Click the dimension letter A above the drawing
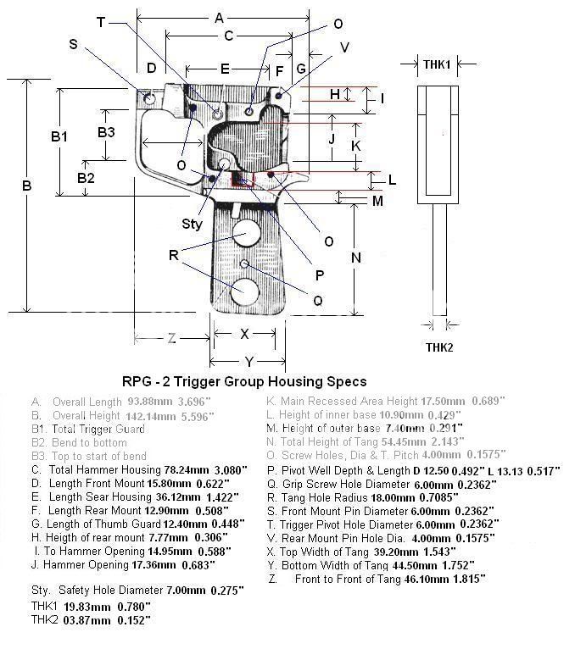point(219,18)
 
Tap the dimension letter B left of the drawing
point(26,186)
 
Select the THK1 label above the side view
point(437,64)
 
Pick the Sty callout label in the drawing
point(193,224)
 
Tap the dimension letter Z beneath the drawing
point(172,338)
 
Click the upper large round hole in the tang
point(247,233)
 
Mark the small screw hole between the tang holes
point(244,264)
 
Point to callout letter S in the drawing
point(73,44)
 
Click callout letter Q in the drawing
point(317,299)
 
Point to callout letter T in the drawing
point(102,23)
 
